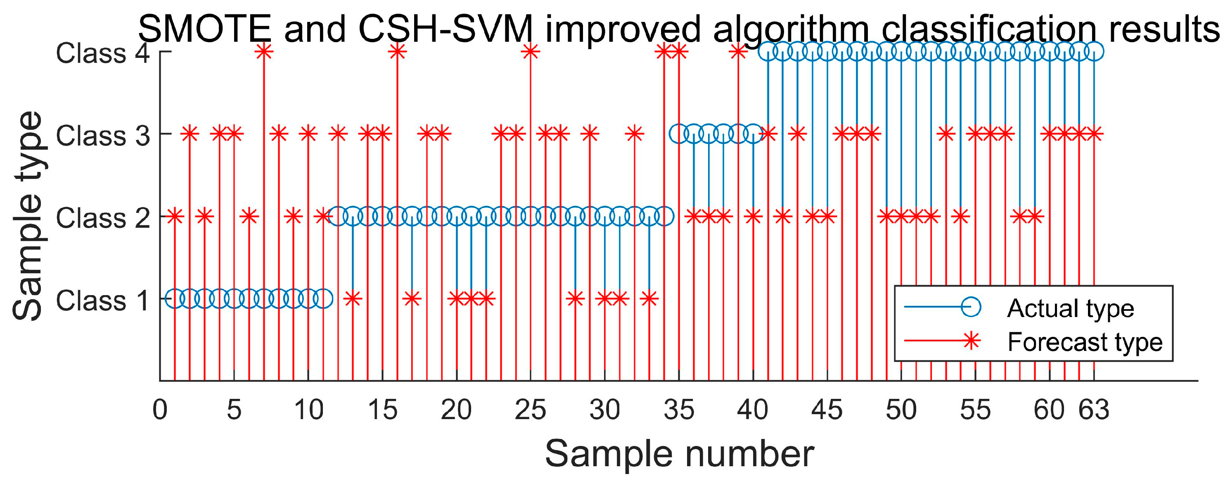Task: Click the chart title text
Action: coord(678,29)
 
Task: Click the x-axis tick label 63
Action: coord(1093,410)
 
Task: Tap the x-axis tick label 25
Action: coord(530,410)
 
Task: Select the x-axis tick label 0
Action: coord(160,410)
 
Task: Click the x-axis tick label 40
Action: coord(753,410)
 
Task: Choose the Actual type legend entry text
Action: coord(1070,308)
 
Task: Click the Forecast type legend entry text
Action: coord(1084,342)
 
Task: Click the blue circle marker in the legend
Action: coord(971,307)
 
